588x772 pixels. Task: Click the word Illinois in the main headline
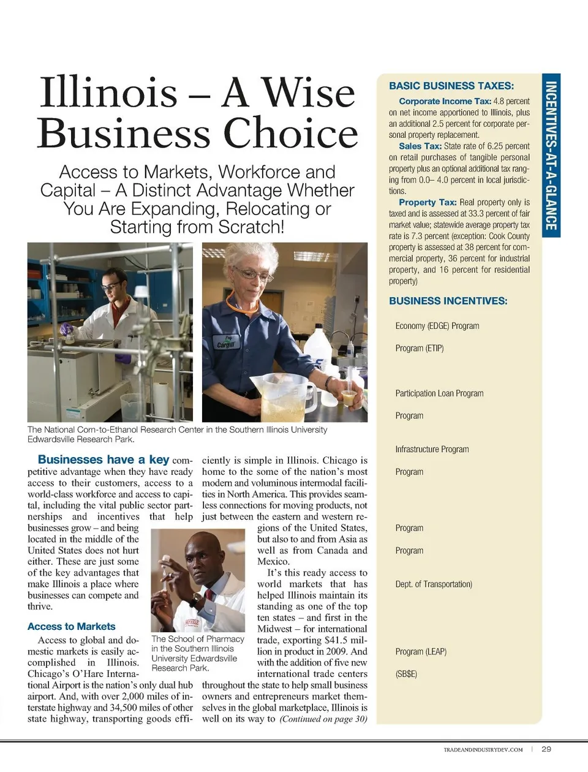point(108,93)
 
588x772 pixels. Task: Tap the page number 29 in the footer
point(546,749)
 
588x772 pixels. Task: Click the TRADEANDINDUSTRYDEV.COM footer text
point(483,749)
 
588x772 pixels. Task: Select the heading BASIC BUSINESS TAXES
point(451,86)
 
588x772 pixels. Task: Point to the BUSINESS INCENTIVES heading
point(448,301)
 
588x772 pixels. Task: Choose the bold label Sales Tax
point(420,146)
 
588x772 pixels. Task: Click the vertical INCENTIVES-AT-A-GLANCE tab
point(551,156)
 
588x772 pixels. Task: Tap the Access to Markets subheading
point(72,626)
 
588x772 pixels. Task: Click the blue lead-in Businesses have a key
point(103,460)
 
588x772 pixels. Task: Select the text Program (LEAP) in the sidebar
point(421,651)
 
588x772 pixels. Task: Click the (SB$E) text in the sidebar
point(406,674)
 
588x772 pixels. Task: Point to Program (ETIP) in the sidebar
point(420,348)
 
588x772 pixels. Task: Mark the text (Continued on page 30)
point(323,719)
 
